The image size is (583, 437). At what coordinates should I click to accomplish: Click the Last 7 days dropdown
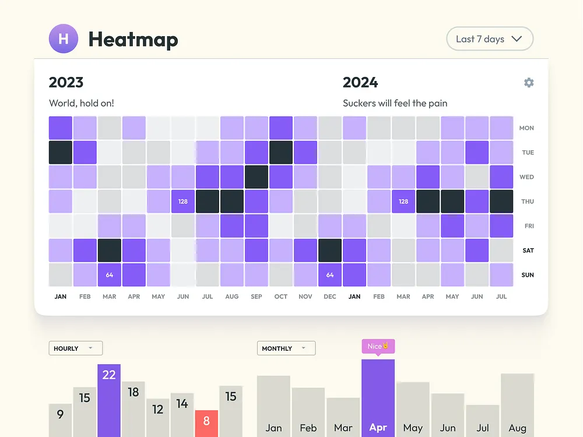[x=490, y=39]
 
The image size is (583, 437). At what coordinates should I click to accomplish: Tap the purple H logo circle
[x=64, y=38]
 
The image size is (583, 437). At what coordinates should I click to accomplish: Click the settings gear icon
[x=529, y=83]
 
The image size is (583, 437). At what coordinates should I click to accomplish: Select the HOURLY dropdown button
[x=75, y=348]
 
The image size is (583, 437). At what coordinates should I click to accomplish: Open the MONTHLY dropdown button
[x=286, y=348]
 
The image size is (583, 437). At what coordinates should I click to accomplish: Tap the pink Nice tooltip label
[x=378, y=346]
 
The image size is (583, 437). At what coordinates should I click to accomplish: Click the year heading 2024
[x=360, y=83]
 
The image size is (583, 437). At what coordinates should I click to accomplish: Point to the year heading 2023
[x=66, y=83]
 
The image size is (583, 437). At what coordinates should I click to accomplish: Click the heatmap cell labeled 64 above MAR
[x=110, y=275]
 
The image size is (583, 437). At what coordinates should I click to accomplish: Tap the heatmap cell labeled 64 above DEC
[x=330, y=275]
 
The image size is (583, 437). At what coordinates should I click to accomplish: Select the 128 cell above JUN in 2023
[x=183, y=202]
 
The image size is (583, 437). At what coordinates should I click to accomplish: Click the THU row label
[x=528, y=202]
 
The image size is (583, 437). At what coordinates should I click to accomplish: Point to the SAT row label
[x=528, y=251]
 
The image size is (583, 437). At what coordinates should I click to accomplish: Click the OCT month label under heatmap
[x=281, y=297]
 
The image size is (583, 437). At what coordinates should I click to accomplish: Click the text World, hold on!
[x=82, y=103]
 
